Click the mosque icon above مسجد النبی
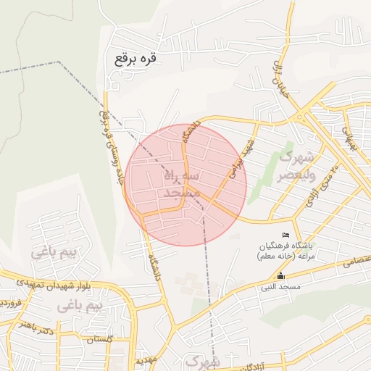[x=281, y=276]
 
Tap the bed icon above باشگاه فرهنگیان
[x=286, y=235]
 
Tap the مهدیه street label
[x=141, y=359]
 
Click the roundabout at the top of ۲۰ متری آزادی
[x=300, y=117]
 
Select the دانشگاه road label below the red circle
[x=153, y=266]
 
